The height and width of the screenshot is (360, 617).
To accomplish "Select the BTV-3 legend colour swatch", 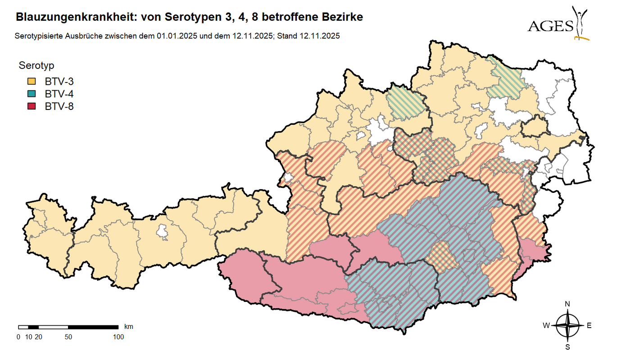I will [x=32, y=82].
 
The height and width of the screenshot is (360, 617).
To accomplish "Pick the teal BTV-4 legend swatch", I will [x=32, y=94].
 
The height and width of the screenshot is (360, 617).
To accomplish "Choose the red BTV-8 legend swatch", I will [x=32, y=107].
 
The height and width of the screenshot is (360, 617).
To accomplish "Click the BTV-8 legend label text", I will [x=59, y=107].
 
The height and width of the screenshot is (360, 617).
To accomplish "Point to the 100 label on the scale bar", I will [x=118, y=337].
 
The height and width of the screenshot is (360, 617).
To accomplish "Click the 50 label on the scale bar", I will [x=68, y=337].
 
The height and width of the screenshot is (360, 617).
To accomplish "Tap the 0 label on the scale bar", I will [x=18, y=337].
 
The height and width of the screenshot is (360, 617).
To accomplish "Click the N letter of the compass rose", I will [x=567, y=304].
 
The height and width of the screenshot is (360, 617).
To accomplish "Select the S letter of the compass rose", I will [x=567, y=347].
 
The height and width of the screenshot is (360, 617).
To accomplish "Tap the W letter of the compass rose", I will [x=546, y=326].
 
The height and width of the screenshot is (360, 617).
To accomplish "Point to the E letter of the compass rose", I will [x=589, y=326].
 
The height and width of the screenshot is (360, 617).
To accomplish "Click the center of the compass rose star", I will [x=567, y=326].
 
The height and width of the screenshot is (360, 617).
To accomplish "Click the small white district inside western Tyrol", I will [x=162, y=232].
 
